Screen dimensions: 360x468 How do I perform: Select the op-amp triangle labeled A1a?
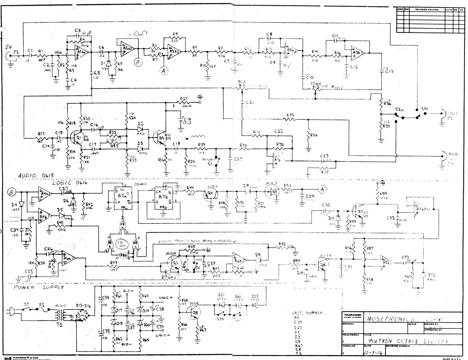tap(82, 52)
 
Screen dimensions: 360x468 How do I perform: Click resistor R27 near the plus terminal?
tap(184, 102)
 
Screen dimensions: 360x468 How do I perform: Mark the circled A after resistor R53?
tap(323, 189)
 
